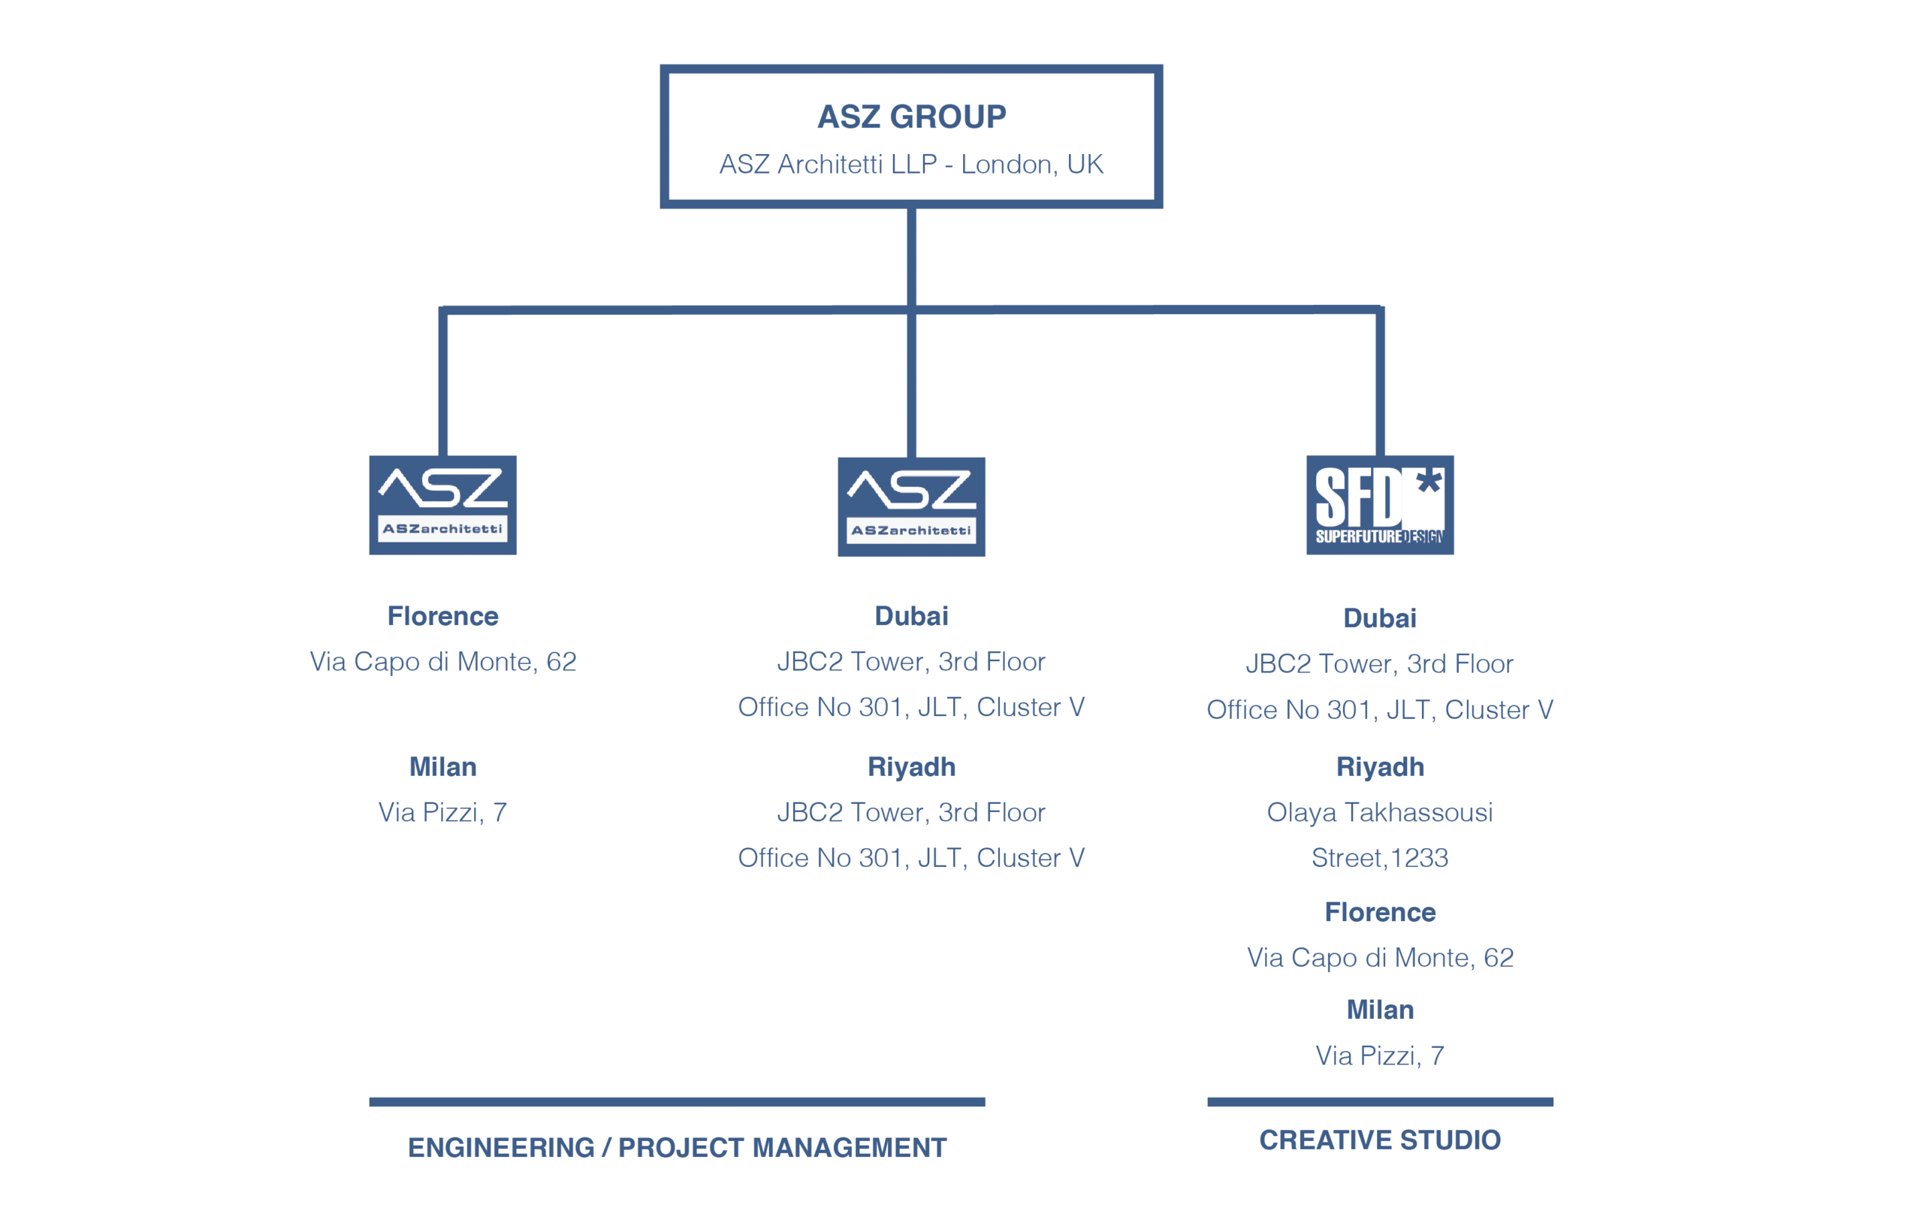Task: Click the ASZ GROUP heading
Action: click(x=911, y=116)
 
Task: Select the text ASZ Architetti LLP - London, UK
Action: click(x=911, y=164)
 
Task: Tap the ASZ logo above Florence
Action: click(x=442, y=505)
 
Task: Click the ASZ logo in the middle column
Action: click(x=911, y=506)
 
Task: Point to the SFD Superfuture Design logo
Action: click(x=1379, y=505)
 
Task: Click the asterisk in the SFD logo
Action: click(x=1429, y=482)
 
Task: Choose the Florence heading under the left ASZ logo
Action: click(x=442, y=616)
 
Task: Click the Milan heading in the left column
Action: click(x=442, y=767)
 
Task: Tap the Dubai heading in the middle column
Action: click(x=911, y=616)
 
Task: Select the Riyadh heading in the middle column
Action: click(x=911, y=767)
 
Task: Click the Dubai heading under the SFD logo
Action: click(x=1379, y=618)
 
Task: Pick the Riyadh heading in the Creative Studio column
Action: click(x=1379, y=767)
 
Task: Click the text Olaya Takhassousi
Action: click(x=1379, y=812)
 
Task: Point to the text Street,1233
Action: click(x=1379, y=858)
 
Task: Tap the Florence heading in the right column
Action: click(x=1379, y=912)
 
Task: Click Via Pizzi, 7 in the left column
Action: click(x=442, y=812)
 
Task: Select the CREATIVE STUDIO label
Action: click(x=1379, y=1140)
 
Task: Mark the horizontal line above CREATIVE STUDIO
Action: click(x=1379, y=1102)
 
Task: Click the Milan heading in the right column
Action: click(x=1379, y=1010)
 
